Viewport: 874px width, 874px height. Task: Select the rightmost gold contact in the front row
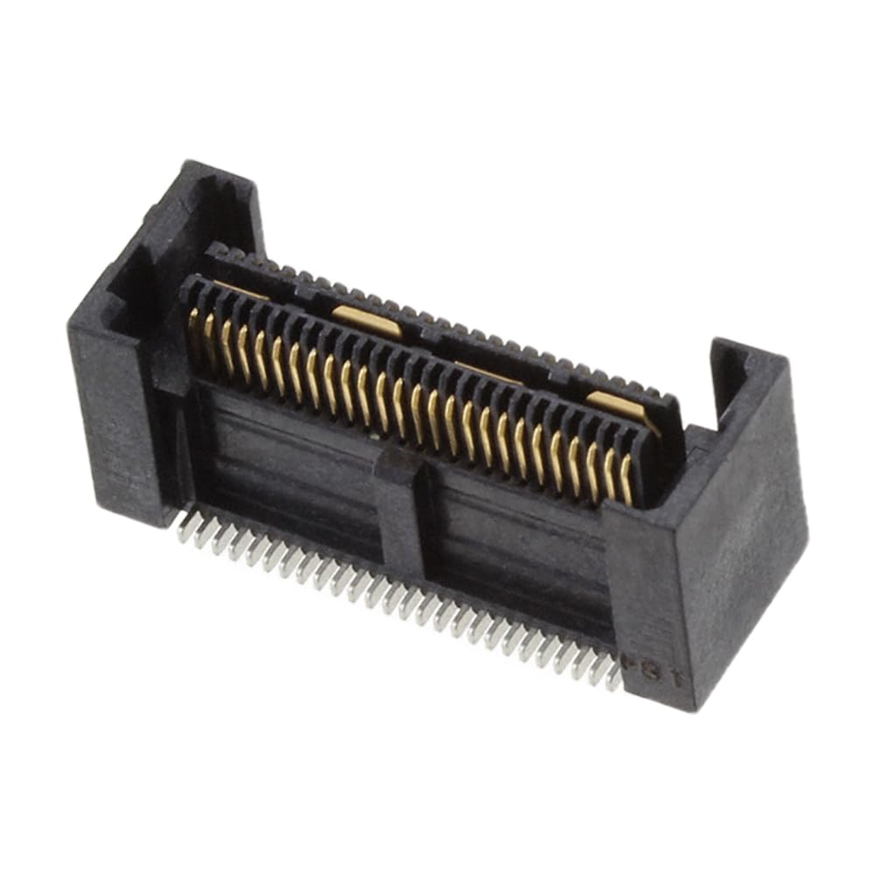[626, 479]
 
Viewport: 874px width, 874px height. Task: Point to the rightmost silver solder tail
[614, 676]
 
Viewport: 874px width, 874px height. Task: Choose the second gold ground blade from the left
[367, 321]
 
